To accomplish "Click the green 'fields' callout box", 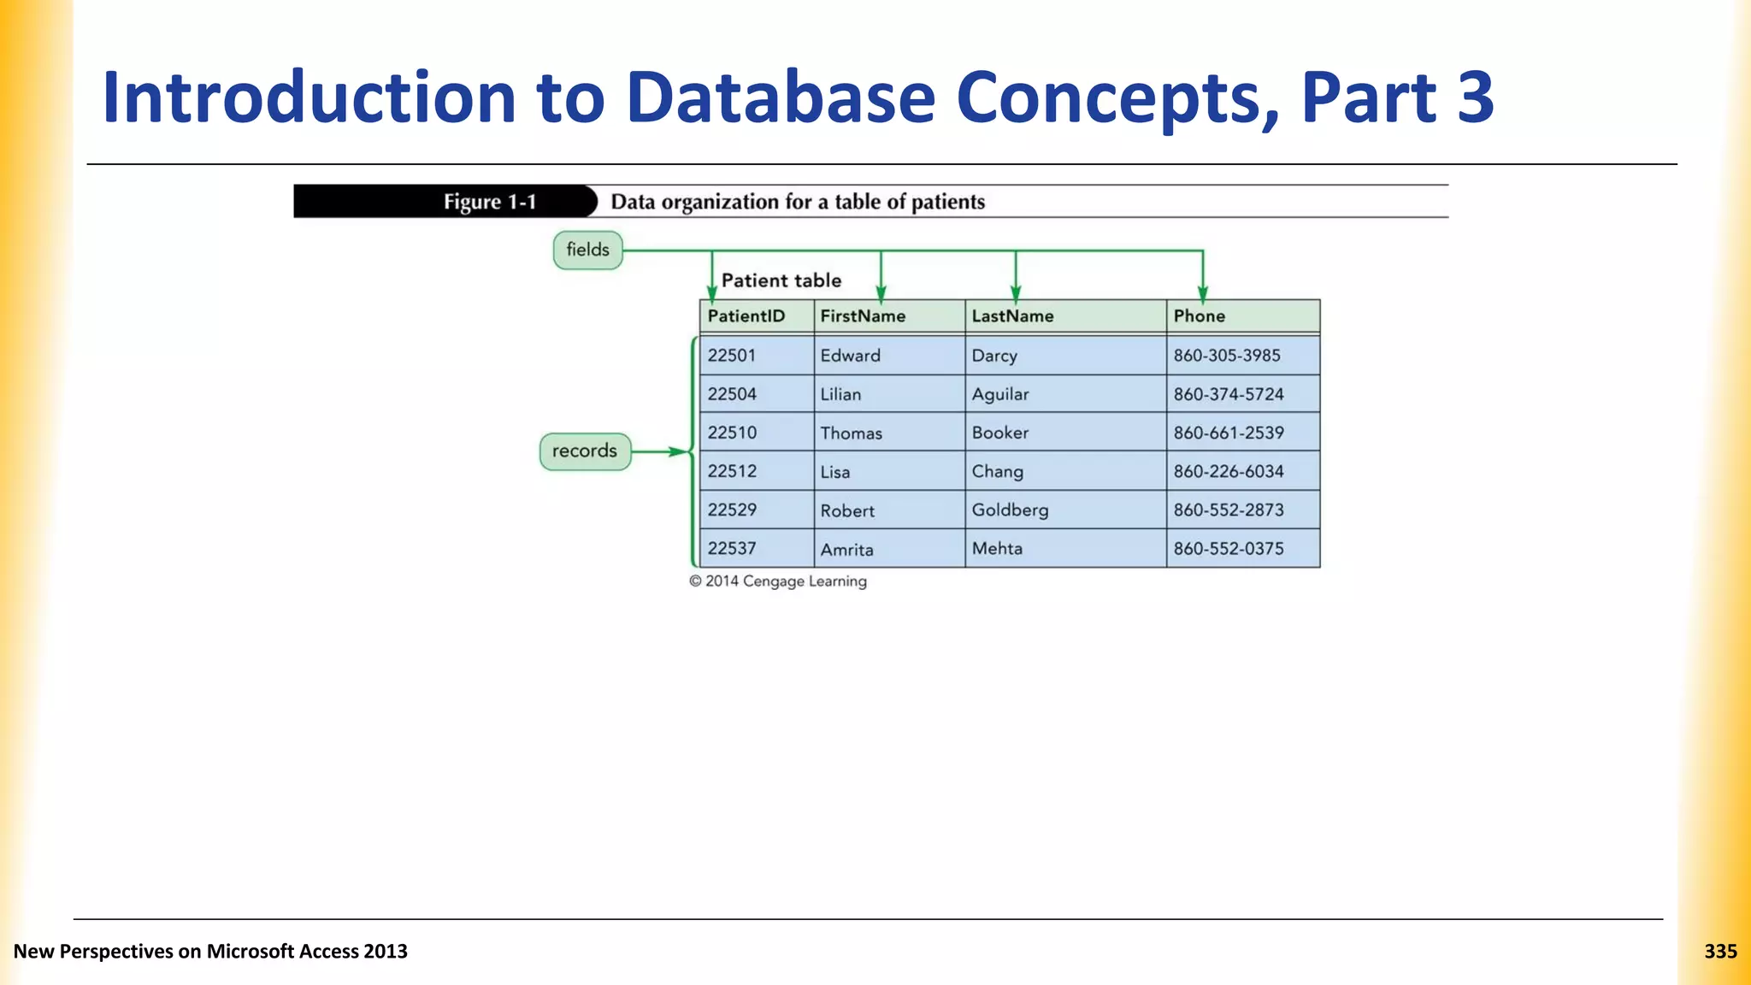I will tap(587, 250).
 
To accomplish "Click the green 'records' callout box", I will tap(585, 451).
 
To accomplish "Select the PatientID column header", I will tap(746, 316).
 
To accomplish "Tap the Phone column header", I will tap(1199, 316).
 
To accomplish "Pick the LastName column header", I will tap(1012, 316).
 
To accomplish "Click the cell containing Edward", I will tap(850, 356).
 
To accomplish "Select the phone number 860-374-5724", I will tap(1228, 394).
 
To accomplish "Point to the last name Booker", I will tap(999, 433).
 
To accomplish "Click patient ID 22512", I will tap(732, 471).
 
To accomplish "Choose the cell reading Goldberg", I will tap(1010, 510).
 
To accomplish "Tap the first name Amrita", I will tap(846, 549).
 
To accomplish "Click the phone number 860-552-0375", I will tap(1228, 549).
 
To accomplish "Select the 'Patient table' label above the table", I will tap(781, 280).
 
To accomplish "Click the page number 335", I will tap(1720, 951).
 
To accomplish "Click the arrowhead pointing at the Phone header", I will tap(1202, 293).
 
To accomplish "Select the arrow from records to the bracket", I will tap(660, 451).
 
